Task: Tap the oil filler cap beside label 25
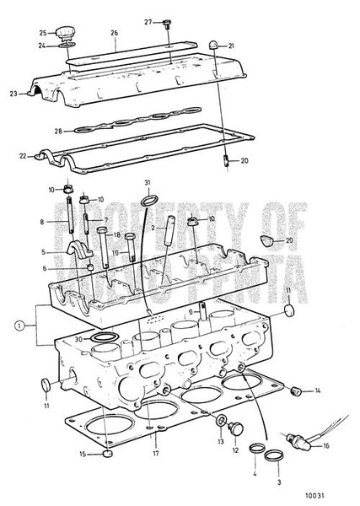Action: coord(67,33)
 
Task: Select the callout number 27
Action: coord(148,21)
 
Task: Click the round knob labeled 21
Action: coord(217,44)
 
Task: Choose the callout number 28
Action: coord(57,130)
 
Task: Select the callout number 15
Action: coord(83,456)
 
